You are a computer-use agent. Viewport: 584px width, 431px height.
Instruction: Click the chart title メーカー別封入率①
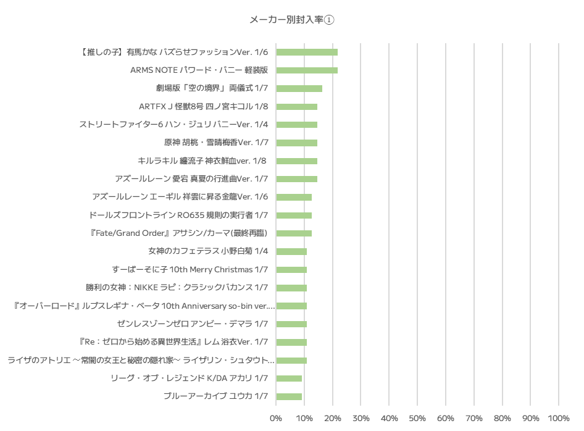[291, 20]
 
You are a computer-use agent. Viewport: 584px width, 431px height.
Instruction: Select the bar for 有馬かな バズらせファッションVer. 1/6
[307, 52]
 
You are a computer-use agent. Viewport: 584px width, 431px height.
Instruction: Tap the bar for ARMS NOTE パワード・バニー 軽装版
[307, 70]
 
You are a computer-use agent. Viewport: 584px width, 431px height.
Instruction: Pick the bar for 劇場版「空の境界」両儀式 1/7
[299, 88]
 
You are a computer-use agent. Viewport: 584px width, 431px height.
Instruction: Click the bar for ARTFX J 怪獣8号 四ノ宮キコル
[296, 106]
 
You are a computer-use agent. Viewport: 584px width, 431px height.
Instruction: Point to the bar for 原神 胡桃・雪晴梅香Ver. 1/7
[296, 143]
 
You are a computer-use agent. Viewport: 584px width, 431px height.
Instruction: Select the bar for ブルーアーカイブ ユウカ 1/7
[289, 396]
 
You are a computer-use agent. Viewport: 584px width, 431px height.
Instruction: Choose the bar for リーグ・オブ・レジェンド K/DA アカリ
[289, 379]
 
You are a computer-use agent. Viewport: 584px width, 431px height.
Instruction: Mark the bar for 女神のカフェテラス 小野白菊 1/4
[291, 251]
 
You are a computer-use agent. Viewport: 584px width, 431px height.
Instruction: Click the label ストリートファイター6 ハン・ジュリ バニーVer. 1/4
[173, 125]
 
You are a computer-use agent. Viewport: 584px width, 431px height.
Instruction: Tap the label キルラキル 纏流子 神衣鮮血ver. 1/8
[202, 161]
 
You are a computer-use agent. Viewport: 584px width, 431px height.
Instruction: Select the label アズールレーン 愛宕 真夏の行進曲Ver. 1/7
[191, 179]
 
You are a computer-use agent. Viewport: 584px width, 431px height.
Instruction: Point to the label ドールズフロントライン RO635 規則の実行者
[178, 215]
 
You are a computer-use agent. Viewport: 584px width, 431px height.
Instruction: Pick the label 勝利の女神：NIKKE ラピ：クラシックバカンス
[177, 288]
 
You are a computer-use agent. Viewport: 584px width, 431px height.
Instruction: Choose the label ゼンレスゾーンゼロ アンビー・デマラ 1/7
[192, 324]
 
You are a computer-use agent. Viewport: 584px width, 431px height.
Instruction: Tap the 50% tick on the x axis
[417, 419]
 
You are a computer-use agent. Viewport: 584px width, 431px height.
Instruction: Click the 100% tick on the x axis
[559, 419]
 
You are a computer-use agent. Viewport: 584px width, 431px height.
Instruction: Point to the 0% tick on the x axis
[276, 419]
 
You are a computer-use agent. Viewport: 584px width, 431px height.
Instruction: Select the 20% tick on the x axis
[333, 419]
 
